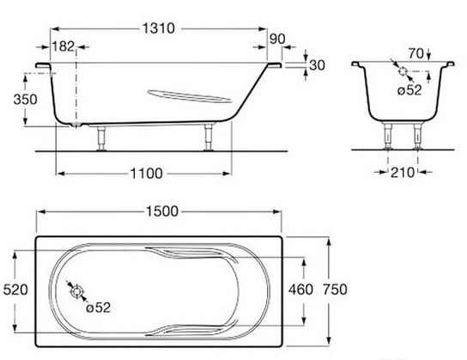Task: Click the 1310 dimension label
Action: point(158,28)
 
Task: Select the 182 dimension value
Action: point(63,46)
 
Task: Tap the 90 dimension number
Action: point(277,39)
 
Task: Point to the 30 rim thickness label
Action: point(317,65)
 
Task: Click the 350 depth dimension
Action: point(25,100)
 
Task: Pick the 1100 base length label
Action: point(147,174)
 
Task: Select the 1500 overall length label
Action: point(162,211)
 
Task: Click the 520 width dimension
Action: point(15,290)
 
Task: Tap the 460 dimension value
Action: point(300,290)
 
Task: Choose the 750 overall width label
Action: point(335,290)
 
